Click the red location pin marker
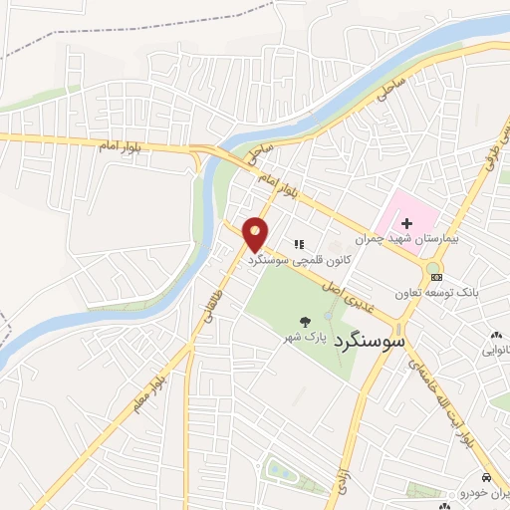click(x=256, y=233)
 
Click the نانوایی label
click(x=496, y=351)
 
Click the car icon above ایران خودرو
click(x=485, y=478)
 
